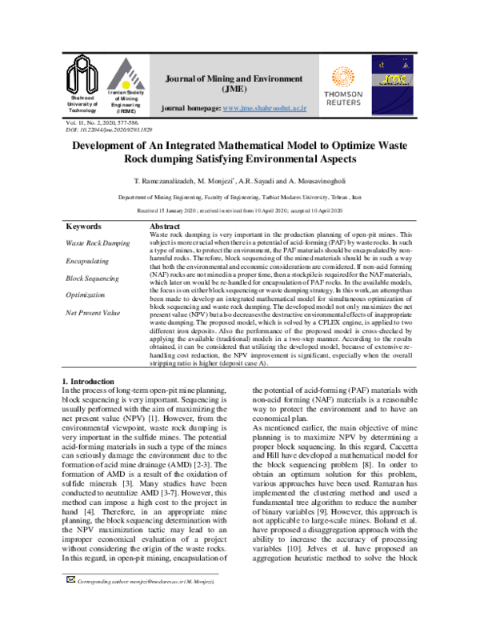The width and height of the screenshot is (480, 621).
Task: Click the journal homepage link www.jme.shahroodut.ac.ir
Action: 264,107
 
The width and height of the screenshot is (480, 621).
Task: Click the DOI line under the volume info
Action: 97,128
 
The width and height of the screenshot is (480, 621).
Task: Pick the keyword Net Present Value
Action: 93,313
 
